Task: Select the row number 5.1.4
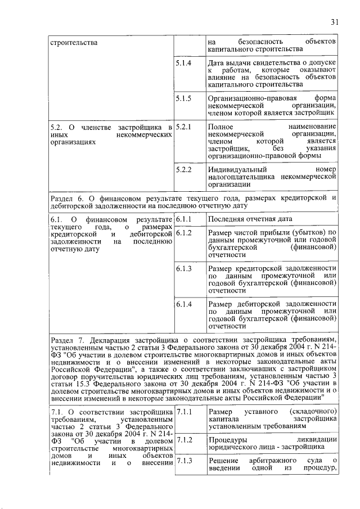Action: [x=183, y=63]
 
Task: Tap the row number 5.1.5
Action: [x=183, y=98]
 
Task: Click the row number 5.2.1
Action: [x=183, y=128]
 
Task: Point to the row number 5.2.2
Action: [x=183, y=169]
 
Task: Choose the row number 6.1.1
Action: [x=183, y=219]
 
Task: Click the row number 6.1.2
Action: [x=183, y=233]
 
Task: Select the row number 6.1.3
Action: [x=183, y=269]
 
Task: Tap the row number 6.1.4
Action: [x=183, y=304]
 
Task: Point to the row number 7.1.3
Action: [x=183, y=462]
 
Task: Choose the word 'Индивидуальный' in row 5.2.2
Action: [x=237, y=169]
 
